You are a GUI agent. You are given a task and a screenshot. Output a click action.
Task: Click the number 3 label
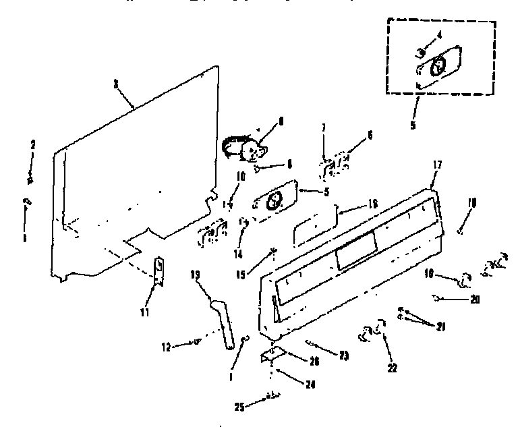[x=116, y=84]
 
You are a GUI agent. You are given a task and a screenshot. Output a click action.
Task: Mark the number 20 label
[x=476, y=300]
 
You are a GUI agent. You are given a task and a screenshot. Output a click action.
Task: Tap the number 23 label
[x=343, y=355]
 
